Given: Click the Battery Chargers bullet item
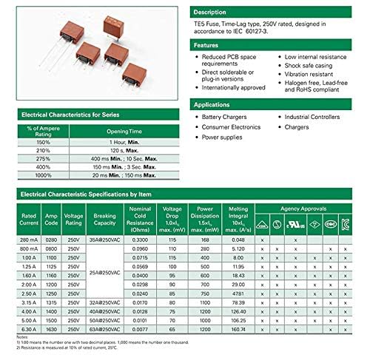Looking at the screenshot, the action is (225, 118).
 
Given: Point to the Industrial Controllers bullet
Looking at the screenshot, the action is (314, 118).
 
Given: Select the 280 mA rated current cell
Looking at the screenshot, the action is (28, 239).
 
